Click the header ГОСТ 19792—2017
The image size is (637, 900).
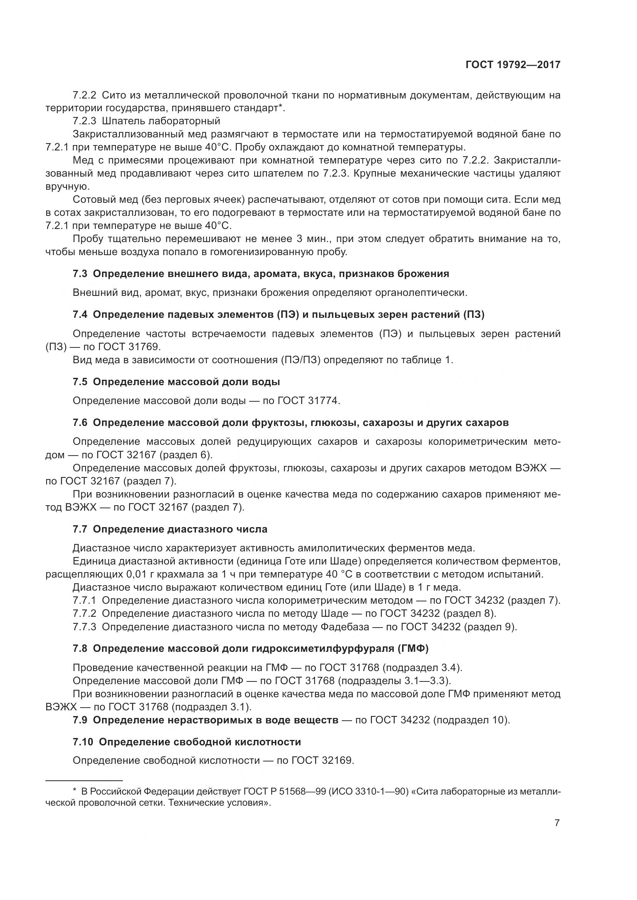(513, 65)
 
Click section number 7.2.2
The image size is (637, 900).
(84, 96)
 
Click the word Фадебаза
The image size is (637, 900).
(345, 627)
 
